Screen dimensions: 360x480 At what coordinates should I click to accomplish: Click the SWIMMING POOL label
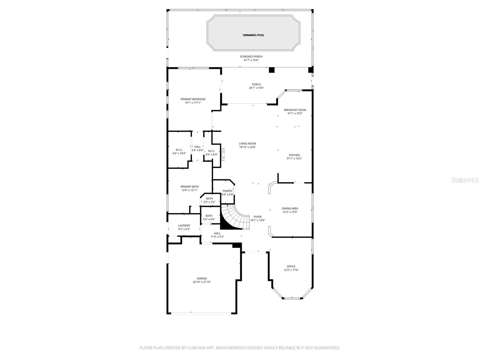[x=253, y=35]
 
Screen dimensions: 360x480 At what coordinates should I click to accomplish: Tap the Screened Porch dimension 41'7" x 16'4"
[x=251, y=60]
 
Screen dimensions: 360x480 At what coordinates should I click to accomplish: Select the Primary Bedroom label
[x=193, y=99]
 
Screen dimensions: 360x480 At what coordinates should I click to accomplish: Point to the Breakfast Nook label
[x=295, y=110]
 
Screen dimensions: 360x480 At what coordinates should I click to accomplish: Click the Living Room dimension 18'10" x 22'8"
[x=247, y=147]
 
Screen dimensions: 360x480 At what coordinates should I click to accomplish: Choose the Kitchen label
[x=294, y=155]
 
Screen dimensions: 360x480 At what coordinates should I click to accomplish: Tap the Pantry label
[x=228, y=191]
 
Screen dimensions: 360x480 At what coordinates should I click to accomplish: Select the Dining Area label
[x=290, y=208]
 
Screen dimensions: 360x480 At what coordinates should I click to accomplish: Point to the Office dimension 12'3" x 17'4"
[x=291, y=270]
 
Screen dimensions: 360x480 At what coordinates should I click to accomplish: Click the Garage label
[x=202, y=278]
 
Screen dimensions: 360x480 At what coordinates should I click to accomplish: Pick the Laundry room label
[x=184, y=226]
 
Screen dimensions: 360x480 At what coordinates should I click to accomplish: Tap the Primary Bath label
[x=189, y=187]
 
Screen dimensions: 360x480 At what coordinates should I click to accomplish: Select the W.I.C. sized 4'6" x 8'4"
[x=211, y=153]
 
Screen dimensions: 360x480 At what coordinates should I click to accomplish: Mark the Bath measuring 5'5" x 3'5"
[x=209, y=200]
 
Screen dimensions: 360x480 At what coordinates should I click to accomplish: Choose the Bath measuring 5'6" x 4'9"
[x=209, y=217]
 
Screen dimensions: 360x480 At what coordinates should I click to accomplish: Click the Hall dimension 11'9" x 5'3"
[x=217, y=237]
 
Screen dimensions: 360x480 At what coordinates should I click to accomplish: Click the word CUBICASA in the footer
[x=196, y=348]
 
